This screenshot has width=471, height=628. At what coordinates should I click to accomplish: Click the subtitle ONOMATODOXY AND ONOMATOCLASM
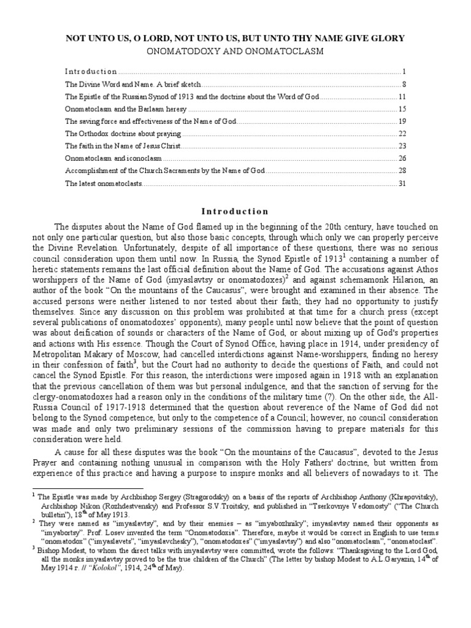point(235,52)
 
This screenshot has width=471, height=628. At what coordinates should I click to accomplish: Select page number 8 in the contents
point(402,84)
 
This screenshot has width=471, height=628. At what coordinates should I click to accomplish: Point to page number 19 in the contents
point(401,121)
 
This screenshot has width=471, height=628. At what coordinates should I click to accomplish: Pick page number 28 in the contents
point(401,171)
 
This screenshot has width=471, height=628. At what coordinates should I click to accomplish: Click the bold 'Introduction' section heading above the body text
point(235,212)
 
